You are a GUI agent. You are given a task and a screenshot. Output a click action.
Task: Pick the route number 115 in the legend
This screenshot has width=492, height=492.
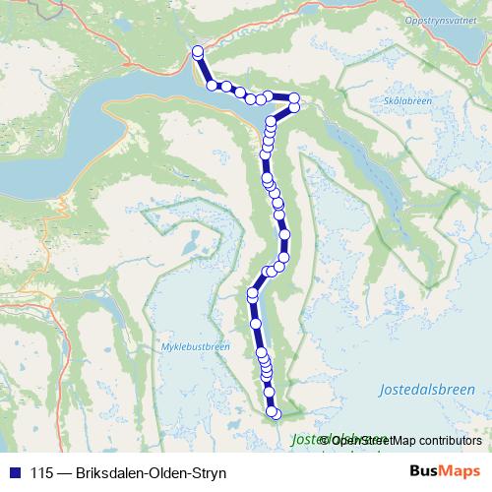pyautogui.click(x=41, y=472)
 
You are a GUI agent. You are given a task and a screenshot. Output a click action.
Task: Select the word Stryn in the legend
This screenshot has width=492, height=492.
pyautogui.click(x=208, y=472)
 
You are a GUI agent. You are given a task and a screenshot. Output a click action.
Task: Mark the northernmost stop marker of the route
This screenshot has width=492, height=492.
pyautogui.click(x=197, y=51)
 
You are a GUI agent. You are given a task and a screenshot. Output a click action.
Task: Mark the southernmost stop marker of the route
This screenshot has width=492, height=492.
pyautogui.click(x=275, y=413)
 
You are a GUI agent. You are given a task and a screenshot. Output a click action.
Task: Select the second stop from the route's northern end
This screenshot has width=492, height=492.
pyautogui.click(x=213, y=86)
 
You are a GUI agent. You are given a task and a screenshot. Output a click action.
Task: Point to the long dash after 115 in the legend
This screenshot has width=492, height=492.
pyautogui.click(x=63, y=472)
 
